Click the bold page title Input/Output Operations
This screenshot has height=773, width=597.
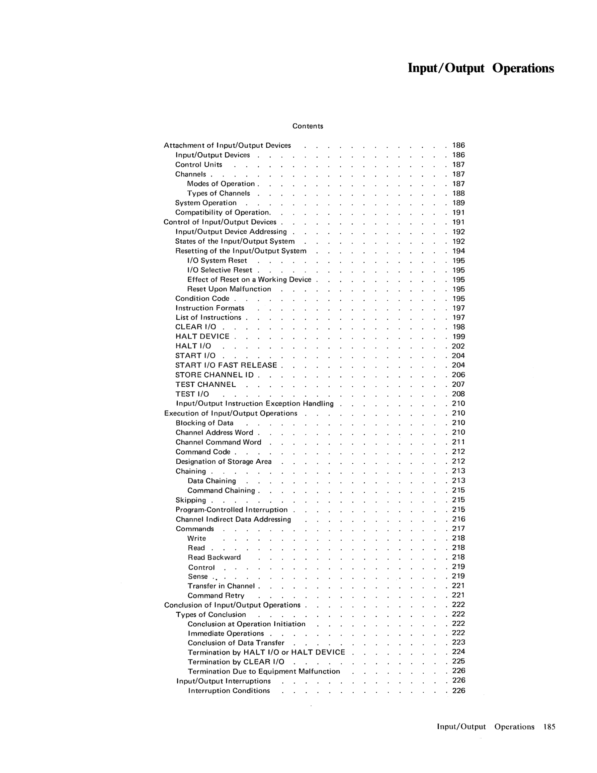[x=481, y=68]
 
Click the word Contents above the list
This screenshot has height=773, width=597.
[x=308, y=126]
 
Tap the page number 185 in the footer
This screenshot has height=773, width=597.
[x=549, y=727]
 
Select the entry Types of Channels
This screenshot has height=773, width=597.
[x=218, y=194]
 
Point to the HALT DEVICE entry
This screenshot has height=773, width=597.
[x=202, y=336]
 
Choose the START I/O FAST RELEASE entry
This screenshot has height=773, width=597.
[x=226, y=365]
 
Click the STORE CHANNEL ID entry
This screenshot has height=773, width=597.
[x=215, y=375]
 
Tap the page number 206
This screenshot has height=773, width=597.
[x=458, y=375]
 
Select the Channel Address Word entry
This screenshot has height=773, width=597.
[x=215, y=433]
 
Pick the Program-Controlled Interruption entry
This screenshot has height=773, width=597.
[x=232, y=510]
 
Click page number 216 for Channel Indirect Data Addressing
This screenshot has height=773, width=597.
[x=458, y=519]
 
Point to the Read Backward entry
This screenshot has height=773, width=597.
[x=214, y=557]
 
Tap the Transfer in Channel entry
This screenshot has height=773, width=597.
[x=221, y=586]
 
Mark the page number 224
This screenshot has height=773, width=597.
[x=458, y=652]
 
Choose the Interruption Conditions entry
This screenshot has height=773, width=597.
[x=229, y=691]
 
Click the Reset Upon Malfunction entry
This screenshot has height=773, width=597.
[x=229, y=289]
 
